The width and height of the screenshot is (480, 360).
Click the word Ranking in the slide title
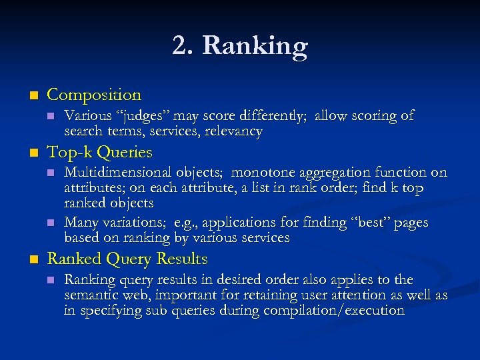tap(255, 47)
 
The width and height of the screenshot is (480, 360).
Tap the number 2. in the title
tap(183, 47)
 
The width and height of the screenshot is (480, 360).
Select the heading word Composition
tap(95, 95)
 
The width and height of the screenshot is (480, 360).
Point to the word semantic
tap(91, 295)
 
